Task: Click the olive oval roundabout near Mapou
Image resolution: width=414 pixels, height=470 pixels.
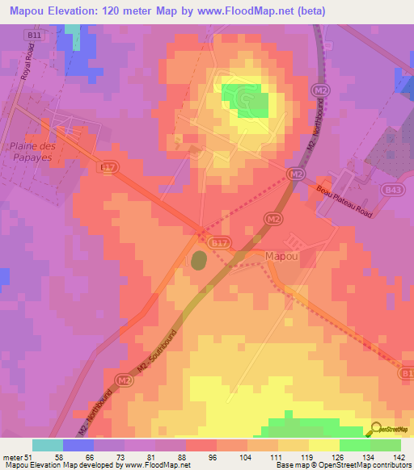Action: [x=199, y=260]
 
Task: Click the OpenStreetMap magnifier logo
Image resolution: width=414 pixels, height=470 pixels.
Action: [x=378, y=430]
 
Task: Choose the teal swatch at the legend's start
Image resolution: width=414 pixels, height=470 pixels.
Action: [x=48, y=445]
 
